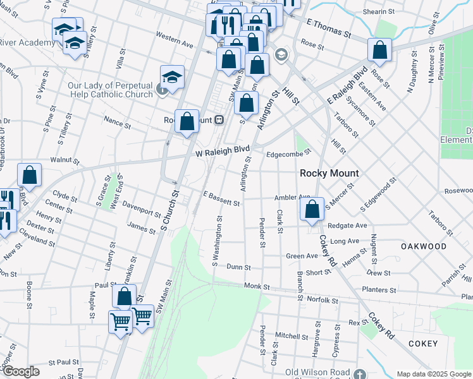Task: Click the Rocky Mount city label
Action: pyautogui.click(x=329, y=173)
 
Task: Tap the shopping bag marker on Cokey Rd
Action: pyautogui.click(x=312, y=210)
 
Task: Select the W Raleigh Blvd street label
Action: pyautogui.click(x=223, y=152)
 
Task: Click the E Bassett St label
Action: pyautogui.click(x=221, y=200)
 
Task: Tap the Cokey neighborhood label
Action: pyautogui.click(x=422, y=344)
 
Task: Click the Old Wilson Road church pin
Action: pyautogui.click(x=360, y=374)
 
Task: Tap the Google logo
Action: pyautogui.click(x=20, y=371)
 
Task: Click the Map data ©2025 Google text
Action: pyautogui.click(x=433, y=374)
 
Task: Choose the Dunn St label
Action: pyautogui.click(x=238, y=267)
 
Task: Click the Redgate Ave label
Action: pyautogui.click(x=347, y=226)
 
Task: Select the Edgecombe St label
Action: pyautogui.click(x=288, y=152)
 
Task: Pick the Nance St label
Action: pyautogui.click(x=117, y=123)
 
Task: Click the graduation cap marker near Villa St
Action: pyautogui.click(x=172, y=77)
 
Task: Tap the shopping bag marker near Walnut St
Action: pyautogui.click(x=30, y=176)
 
